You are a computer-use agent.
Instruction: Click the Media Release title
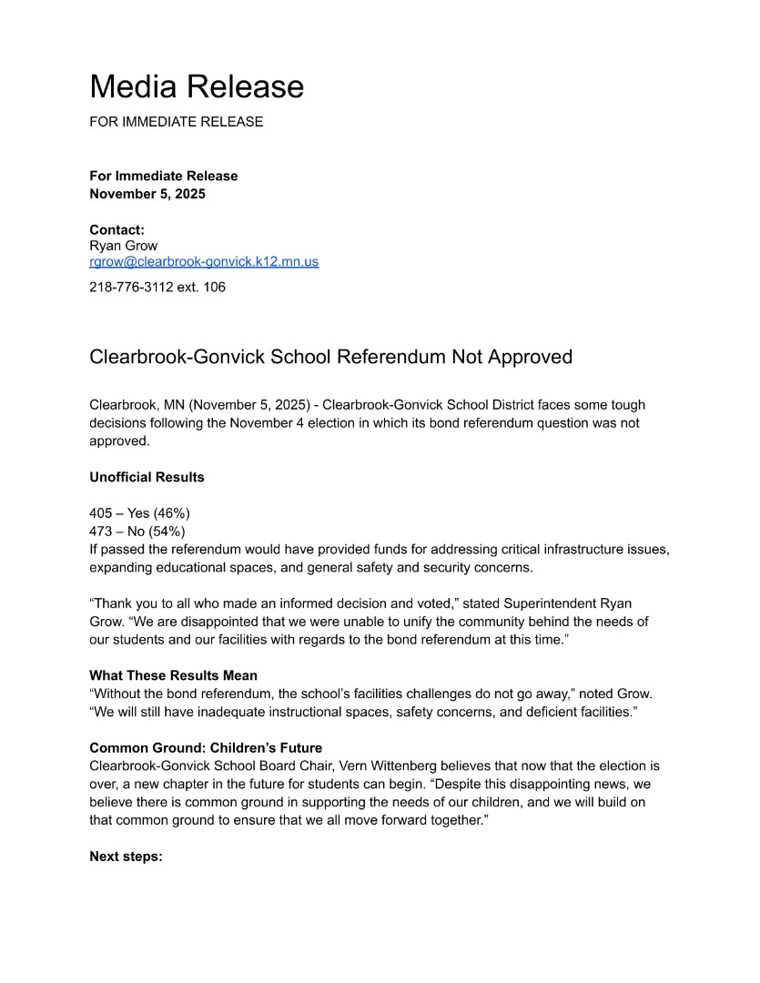pyautogui.click(x=197, y=86)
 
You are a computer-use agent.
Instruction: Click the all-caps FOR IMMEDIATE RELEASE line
pyautogui.click(x=176, y=121)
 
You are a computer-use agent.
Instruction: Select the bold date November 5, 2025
pyautogui.click(x=147, y=194)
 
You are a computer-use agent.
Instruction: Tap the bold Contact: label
pyautogui.click(x=117, y=229)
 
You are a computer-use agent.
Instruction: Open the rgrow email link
pyautogui.click(x=204, y=261)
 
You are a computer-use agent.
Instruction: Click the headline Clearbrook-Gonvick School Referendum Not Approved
pyautogui.click(x=330, y=356)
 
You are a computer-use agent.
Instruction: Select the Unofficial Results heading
pyautogui.click(x=147, y=477)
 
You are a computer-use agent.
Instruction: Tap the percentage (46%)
pyautogui.click(x=171, y=513)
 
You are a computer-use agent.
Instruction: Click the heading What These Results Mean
pyautogui.click(x=173, y=675)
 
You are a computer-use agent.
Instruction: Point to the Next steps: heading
pyautogui.click(x=126, y=856)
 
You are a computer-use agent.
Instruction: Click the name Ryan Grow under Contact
pyautogui.click(x=123, y=246)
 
